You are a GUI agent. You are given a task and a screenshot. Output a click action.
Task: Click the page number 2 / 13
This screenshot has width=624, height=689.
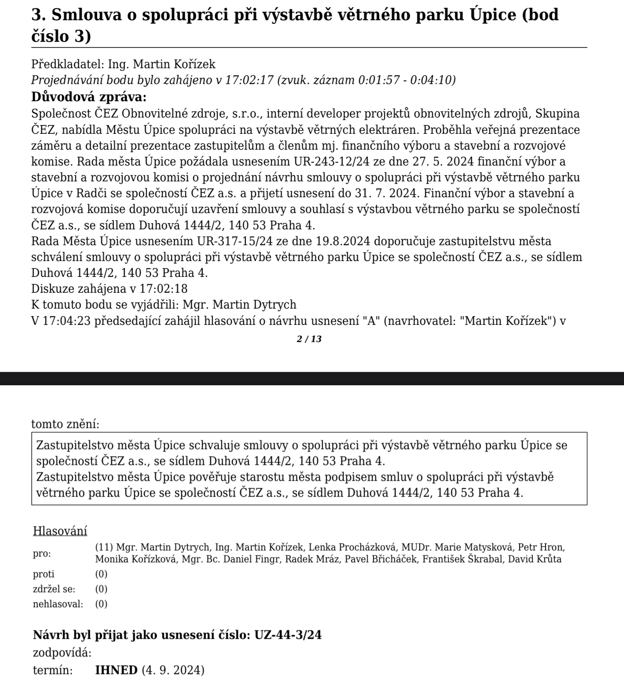pos(309,339)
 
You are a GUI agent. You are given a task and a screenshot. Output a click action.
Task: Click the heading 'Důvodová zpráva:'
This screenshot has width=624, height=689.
pos(88,96)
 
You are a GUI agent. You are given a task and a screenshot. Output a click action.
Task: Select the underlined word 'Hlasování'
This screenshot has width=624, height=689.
pos(60,531)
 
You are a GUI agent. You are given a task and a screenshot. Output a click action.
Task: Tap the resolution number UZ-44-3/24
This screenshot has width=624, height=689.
pos(288,635)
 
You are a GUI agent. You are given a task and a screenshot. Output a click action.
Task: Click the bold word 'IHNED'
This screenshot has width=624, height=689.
pos(116,670)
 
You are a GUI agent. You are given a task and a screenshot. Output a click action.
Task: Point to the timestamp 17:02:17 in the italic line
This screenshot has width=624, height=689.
pos(249,80)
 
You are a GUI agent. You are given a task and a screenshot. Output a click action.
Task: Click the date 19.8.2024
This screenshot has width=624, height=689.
pos(344,241)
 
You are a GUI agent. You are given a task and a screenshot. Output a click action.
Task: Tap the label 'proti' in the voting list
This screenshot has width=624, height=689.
pos(44,574)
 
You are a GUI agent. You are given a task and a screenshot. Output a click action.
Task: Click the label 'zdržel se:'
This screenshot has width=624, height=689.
pos(54,589)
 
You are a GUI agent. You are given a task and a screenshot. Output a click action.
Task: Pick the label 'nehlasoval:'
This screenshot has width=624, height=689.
pos(58,604)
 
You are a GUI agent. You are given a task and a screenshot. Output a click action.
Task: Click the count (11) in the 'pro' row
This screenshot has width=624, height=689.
pos(104,547)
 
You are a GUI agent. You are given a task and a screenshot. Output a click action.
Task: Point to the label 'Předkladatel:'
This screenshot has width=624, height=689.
pos(68,64)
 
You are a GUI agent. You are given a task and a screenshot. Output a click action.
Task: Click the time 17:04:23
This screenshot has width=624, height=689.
pos(67,321)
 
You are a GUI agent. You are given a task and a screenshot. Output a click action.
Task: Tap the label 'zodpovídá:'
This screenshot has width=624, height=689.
pos(62,652)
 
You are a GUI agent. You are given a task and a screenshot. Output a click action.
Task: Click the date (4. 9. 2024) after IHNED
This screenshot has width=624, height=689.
pos(173,670)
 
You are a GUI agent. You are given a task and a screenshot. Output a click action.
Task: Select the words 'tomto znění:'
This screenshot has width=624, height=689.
pos(66,424)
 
